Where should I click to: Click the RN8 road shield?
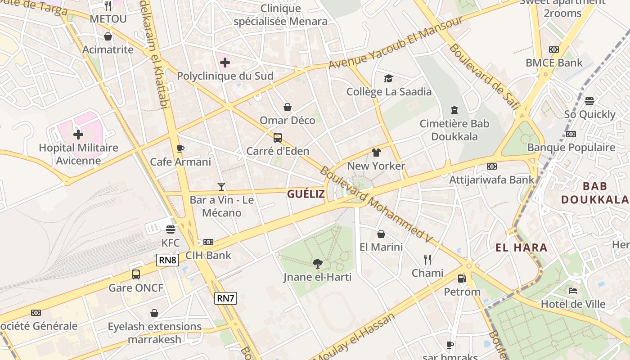168,260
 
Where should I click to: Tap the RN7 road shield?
225,298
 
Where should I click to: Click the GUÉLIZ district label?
306,194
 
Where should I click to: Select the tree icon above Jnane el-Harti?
318,264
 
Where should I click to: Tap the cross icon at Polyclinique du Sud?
225,62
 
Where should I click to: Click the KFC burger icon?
170,229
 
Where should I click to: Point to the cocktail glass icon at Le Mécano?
221,186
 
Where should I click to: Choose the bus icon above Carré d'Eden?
278,138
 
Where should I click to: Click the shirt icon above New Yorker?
376,153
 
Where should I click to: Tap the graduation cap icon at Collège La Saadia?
388,79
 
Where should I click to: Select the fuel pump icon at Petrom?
462,279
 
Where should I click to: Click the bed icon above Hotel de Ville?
573,291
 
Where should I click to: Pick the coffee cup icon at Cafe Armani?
180,148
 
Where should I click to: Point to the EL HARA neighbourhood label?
522,247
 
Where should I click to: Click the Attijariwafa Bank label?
492,180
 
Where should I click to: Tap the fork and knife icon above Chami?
427,260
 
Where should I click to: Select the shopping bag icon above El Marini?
381,234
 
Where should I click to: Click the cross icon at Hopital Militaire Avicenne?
78,134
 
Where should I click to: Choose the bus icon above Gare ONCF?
136,274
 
